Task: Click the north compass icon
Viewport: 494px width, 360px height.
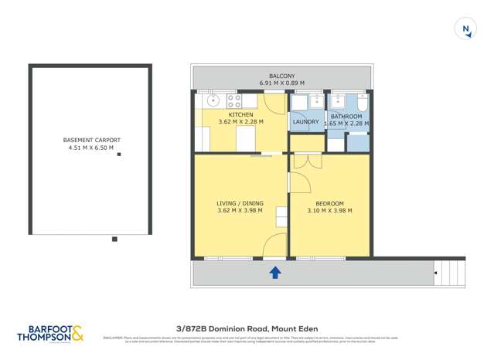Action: [x=466, y=29]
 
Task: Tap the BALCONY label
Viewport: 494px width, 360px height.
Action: [x=281, y=76]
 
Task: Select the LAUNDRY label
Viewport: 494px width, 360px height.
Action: [x=305, y=121]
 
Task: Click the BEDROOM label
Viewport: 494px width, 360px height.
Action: [x=330, y=203]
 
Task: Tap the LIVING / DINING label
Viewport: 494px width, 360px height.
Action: [x=240, y=203]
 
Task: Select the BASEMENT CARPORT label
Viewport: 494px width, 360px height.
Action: [x=91, y=140]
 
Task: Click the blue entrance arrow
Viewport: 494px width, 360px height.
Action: [x=275, y=272]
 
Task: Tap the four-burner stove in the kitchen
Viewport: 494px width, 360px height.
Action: [x=233, y=100]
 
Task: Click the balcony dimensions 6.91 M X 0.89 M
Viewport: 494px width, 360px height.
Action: [x=281, y=83]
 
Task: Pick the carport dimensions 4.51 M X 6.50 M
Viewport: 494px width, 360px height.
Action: [x=91, y=148]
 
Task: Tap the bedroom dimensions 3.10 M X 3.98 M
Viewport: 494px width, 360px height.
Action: [x=330, y=210]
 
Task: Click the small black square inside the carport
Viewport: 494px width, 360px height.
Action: [x=119, y=155]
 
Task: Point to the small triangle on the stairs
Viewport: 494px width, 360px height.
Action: [x=436, y=273]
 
